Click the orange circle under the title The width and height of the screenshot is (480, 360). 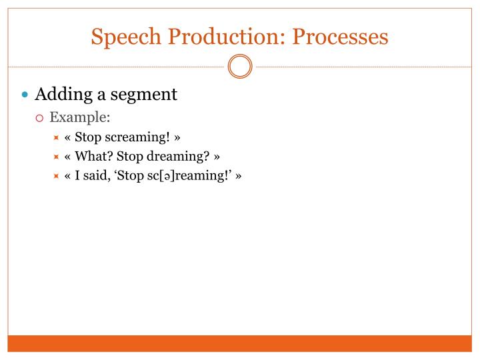[240, 67]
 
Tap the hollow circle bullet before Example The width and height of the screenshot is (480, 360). [40, 119]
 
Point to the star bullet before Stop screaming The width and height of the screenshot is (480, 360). [57, 138]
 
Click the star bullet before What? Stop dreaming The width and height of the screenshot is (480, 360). [57, 157]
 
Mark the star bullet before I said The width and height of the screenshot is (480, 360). [57, 177]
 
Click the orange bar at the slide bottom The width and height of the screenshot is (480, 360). [240, 343]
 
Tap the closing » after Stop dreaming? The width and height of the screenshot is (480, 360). [217, 157]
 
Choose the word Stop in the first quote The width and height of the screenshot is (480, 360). [87, 137]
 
